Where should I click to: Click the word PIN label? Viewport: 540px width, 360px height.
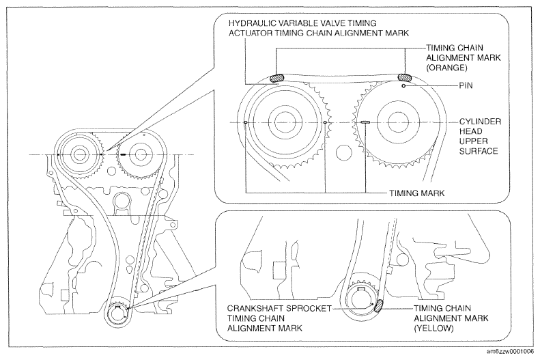(x=466, y=85)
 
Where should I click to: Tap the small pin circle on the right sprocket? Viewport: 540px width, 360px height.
(x=403, y=86)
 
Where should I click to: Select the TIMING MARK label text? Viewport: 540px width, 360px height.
(x=417, y=193)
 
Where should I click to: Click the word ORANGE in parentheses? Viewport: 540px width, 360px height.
(x=446, y=67)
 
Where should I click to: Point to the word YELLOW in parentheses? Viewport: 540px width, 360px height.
(x=434, y=328)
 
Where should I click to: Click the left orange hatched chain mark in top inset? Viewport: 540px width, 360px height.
(x=276, y=77)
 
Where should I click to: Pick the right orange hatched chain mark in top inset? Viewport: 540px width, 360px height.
(x=405, y=77)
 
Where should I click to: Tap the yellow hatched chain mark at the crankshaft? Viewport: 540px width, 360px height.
(x=378, y=305)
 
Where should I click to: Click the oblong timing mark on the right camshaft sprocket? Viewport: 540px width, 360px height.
(x=365, y=122)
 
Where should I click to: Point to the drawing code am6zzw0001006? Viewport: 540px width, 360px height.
(x=510, y=351)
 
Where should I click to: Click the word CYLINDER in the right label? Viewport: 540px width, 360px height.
(x=480, y=122)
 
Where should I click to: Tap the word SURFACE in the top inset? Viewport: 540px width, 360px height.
(x=479, y=151)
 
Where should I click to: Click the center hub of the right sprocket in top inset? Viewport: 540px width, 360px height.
(x=398, y=122)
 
